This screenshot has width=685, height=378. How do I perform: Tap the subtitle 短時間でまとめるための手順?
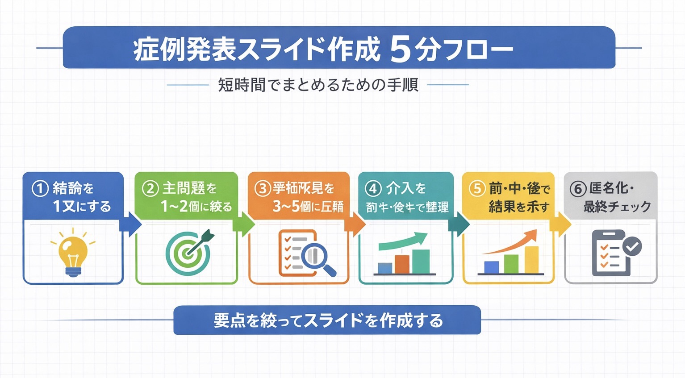318,84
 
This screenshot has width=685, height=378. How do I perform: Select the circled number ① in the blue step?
40,188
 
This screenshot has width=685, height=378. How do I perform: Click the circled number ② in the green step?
150,188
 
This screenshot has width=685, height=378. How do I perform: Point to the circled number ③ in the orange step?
263,188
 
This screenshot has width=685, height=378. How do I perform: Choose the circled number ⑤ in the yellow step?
477,188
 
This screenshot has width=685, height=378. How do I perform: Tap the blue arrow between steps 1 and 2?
131,224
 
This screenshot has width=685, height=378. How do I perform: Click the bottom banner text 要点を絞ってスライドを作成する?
328,320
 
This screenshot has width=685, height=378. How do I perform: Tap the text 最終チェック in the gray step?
617,207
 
